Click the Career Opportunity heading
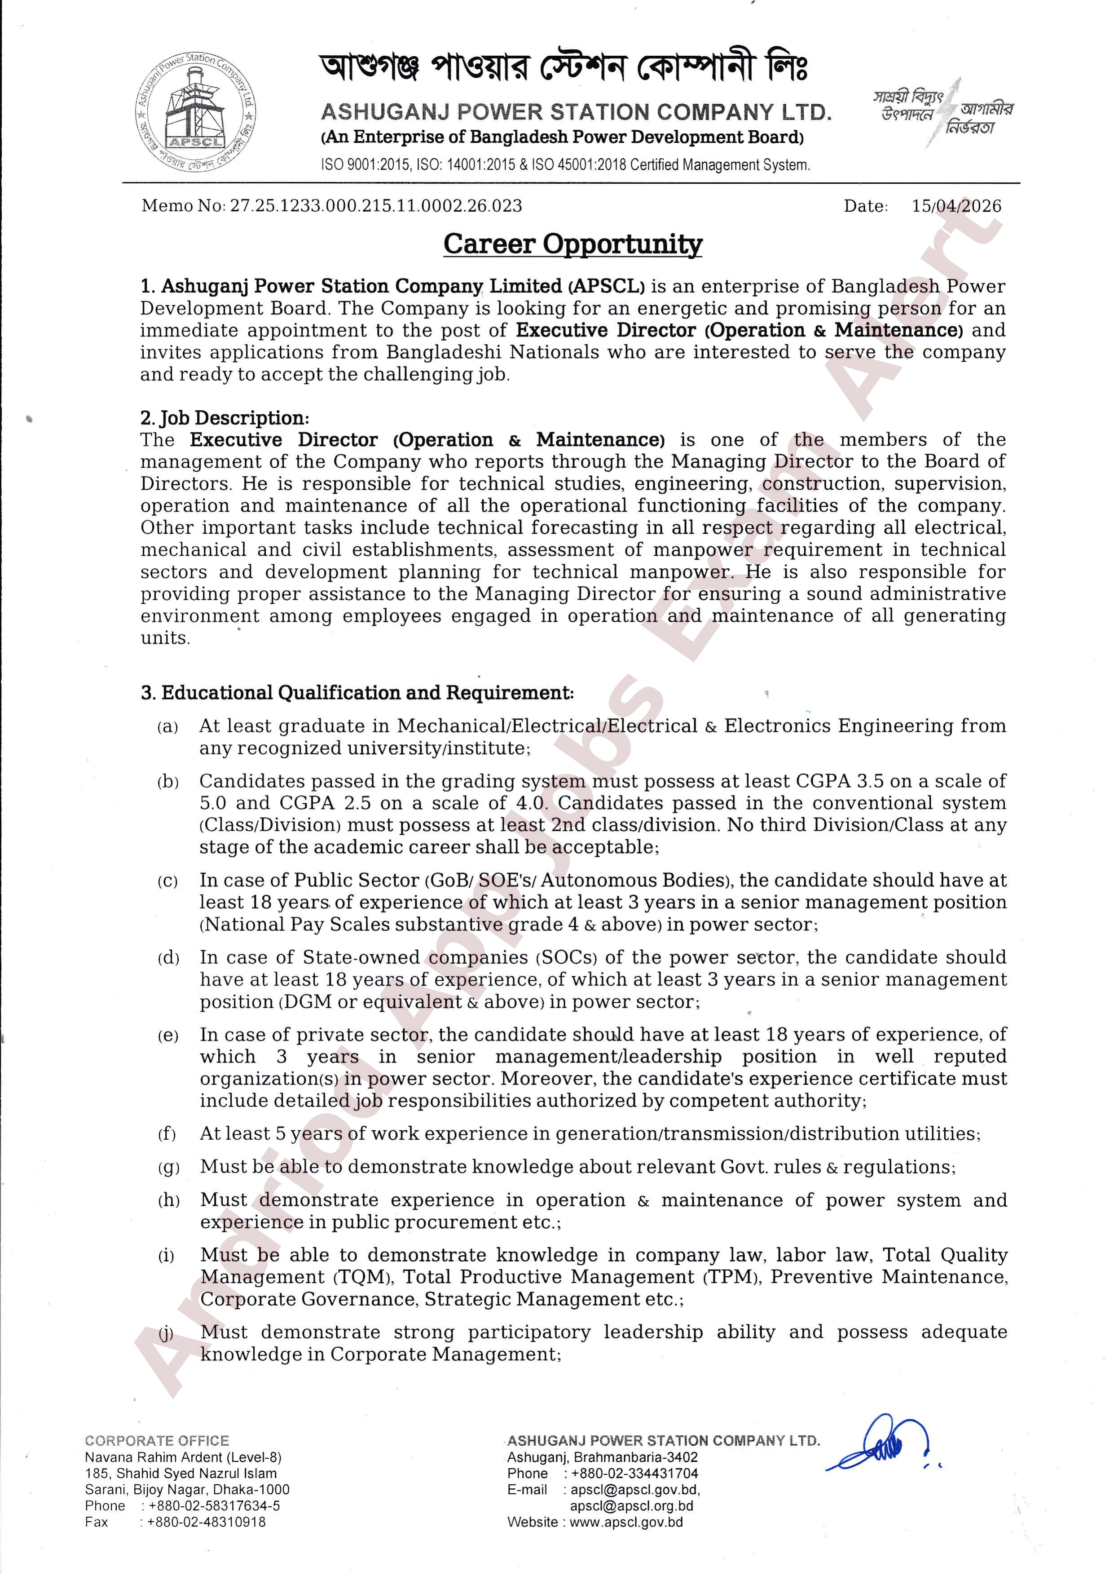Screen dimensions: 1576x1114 click(573, 244)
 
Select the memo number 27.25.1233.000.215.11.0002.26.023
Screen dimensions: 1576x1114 click(376, 206)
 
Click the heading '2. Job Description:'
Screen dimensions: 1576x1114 click(225, 418)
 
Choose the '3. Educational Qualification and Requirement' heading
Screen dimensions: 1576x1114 click(357, 693)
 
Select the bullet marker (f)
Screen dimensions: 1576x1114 click(167, 1134)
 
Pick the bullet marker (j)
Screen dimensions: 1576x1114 click(166, 1333)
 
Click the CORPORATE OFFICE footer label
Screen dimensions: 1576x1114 click(157, 1441)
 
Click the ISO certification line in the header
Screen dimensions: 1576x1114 click(565, 165)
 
